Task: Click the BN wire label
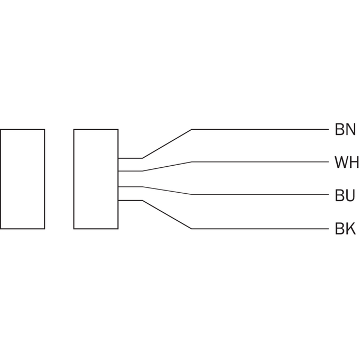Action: click(x=345, y=129)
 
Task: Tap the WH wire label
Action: click(x=346, y=163)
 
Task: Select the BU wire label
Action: click(x=345, y=195)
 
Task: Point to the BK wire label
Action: click(x=345, y=229)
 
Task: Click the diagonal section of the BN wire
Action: click(x=167, y=143)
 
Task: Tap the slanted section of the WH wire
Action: click(x=167, y=166)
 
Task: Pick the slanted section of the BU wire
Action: click(x=167, y=191)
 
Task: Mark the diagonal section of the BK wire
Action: click(x=167, y=214)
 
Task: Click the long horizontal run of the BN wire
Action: click(x=260, y=130)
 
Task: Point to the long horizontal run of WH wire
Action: click(x=260, y=162)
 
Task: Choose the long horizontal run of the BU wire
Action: click(x=260, y=194)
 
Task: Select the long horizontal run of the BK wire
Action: click(x=260, y=229)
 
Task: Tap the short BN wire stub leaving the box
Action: click(x=130, y=158)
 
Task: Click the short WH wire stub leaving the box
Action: click(x=130, y=171)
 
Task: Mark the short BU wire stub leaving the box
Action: click(x=130, y=187)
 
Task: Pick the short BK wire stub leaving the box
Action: click(x=130, y=201)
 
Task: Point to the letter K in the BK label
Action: click(x=350, y=229)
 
